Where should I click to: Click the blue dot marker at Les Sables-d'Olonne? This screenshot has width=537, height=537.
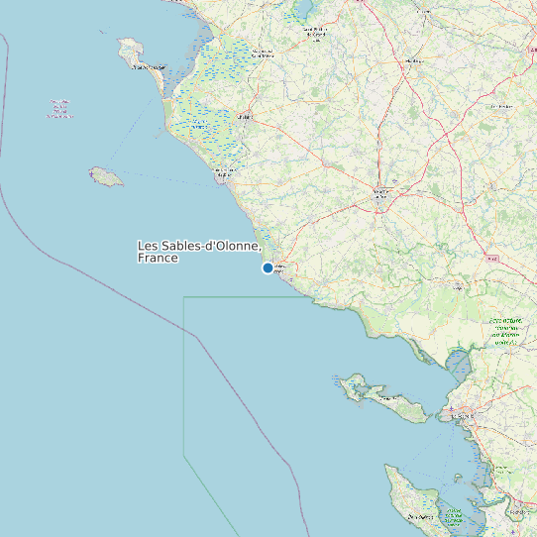(268, 268)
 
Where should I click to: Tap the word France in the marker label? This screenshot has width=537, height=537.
(158, 258)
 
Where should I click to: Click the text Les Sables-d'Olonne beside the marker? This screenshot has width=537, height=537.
(198, 246)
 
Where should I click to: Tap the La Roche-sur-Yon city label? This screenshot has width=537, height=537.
(381, 194)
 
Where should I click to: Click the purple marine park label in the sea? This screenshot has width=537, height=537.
(59, 108)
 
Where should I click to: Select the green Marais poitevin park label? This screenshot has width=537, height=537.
(506, 331)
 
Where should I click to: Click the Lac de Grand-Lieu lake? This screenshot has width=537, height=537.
(301, 9)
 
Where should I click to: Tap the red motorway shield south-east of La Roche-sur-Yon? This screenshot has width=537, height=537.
(492, 258)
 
